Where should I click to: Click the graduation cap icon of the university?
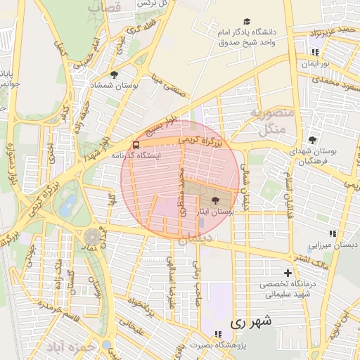[x=246, y=22]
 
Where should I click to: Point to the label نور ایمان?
[x=315, y=63]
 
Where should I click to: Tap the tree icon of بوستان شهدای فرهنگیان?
[x=312, y=139]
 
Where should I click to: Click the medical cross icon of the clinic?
[x=287, y=272]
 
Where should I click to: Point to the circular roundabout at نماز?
[x=93, y=238]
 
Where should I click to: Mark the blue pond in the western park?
[x=68, y=206]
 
